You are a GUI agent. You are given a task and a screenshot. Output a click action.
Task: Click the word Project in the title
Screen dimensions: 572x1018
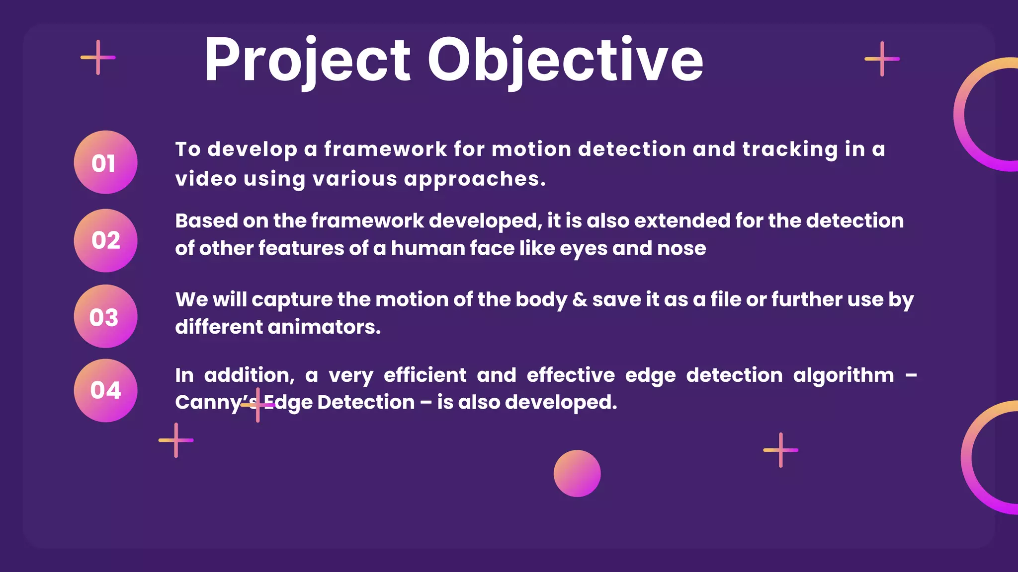[307, 61]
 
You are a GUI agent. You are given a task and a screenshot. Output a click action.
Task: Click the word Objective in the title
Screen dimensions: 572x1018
[565, 61]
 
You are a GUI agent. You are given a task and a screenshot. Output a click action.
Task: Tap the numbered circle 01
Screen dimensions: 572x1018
[105, 162]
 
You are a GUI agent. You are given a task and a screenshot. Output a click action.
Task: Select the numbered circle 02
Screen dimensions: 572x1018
[105, 240]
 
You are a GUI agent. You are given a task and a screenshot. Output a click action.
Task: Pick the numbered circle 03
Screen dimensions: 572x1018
[105, 316]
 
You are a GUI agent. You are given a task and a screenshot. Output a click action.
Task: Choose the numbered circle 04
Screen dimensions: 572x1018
[105, 390]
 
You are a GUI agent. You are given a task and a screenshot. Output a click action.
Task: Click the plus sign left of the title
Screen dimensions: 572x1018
[98, 58]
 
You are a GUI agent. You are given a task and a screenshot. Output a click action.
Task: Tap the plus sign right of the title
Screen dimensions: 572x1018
[882, 59]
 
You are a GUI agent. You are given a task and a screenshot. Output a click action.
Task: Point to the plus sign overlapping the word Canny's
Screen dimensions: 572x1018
[257, 405]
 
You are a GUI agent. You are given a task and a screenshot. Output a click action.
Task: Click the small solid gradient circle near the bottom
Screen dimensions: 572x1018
[577, 473]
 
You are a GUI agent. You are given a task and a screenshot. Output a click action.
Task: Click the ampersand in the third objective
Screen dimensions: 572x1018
[580, 300]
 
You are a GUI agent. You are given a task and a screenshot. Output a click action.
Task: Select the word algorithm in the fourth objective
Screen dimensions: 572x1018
[843, 375]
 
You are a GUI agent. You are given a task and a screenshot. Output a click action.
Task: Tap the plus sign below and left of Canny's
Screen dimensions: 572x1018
[176, 440]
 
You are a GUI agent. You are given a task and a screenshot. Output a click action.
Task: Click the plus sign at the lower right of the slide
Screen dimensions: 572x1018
[780, 450]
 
